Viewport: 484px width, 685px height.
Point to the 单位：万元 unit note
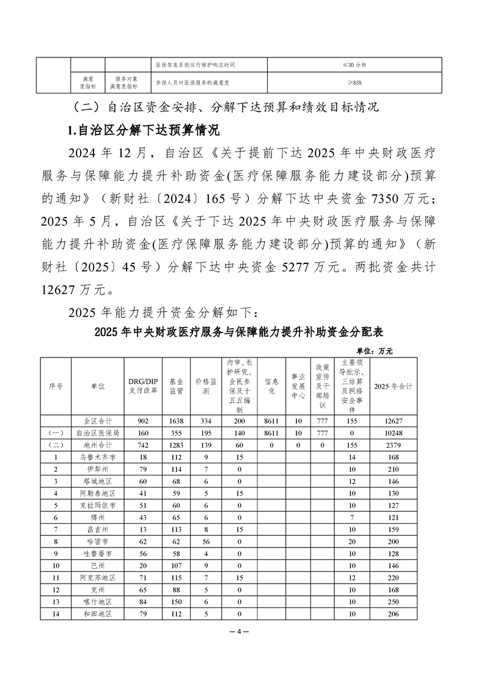[374, 351]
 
